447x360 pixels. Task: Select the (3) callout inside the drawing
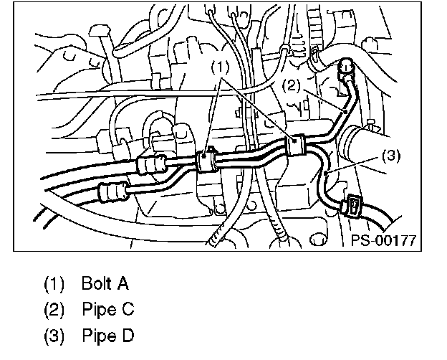390,154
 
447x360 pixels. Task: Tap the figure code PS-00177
383,241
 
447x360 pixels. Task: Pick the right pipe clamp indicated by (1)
295,145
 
